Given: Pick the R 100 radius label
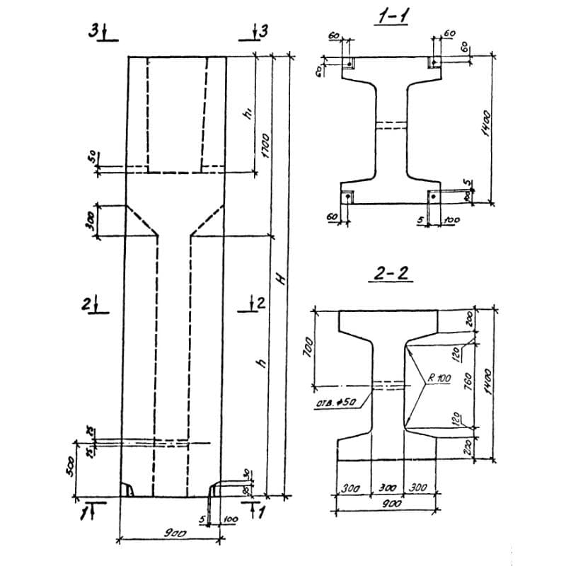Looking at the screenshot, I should (439, 379).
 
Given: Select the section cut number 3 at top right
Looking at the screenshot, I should (264, 31).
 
